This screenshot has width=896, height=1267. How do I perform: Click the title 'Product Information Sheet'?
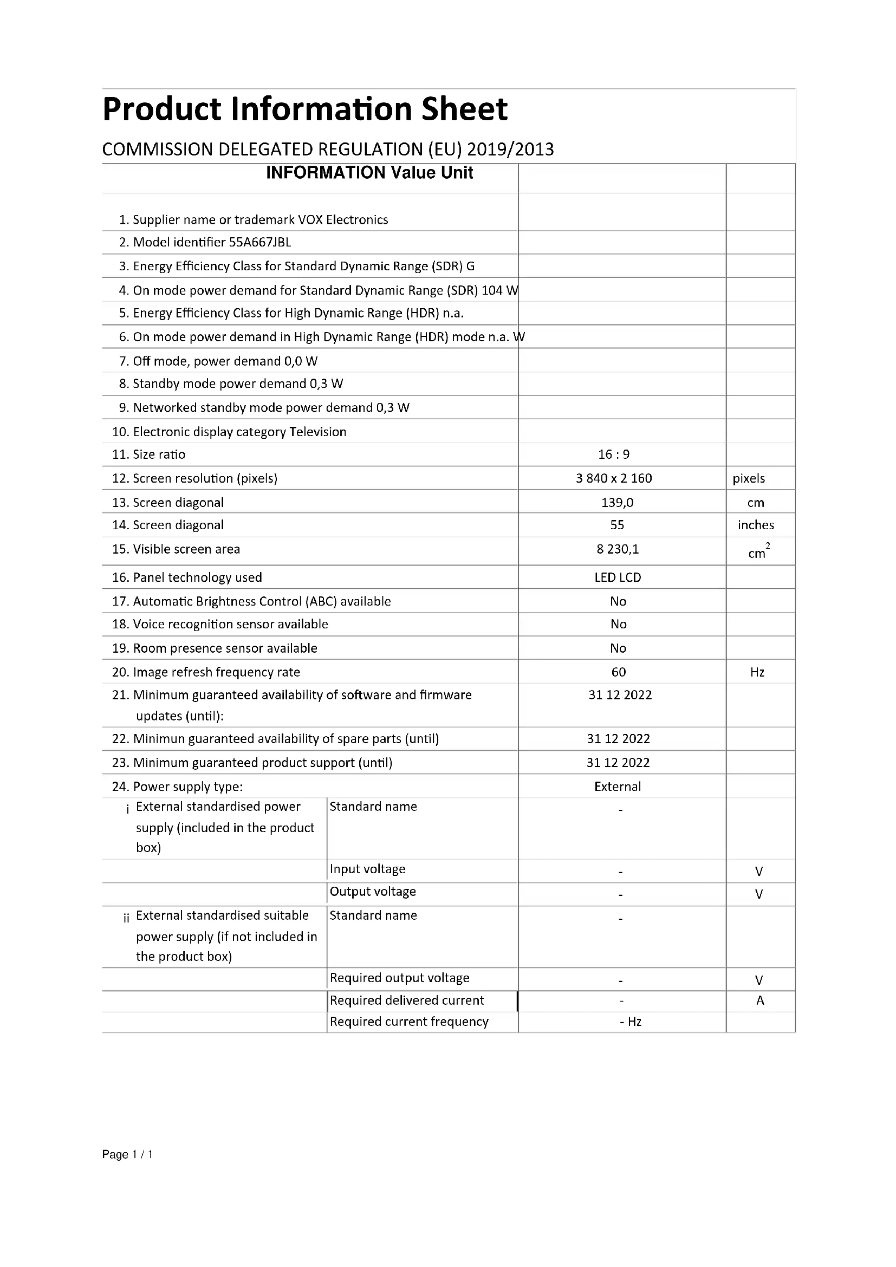(304, 109)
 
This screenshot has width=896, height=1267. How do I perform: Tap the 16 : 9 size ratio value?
(614, 454)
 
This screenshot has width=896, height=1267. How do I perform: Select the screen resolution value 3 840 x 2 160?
(614, 478)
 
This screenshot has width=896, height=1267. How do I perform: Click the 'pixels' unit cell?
(749, 478)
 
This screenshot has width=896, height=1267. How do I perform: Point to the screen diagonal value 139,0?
(617, 503)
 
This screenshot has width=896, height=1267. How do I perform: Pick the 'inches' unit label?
(755, 525)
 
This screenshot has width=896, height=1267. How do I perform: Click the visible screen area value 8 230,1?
(618, 549)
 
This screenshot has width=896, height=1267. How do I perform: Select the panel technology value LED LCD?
(618, 578)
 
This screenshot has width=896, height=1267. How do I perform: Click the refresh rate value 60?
(619, 672)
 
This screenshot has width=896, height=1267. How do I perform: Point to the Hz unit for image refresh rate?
(757, 672)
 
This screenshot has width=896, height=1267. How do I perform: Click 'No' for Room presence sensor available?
(618, 648)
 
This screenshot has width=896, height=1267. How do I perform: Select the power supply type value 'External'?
(618, 787)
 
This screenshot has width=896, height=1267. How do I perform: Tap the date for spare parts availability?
(618, 739)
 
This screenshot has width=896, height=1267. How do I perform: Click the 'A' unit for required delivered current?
(759, 1000)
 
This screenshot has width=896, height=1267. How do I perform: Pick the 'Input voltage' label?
(367, 869)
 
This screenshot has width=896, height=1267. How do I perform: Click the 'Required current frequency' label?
(409, 1022)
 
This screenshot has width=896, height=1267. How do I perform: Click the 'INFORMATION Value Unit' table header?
(369, 173)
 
